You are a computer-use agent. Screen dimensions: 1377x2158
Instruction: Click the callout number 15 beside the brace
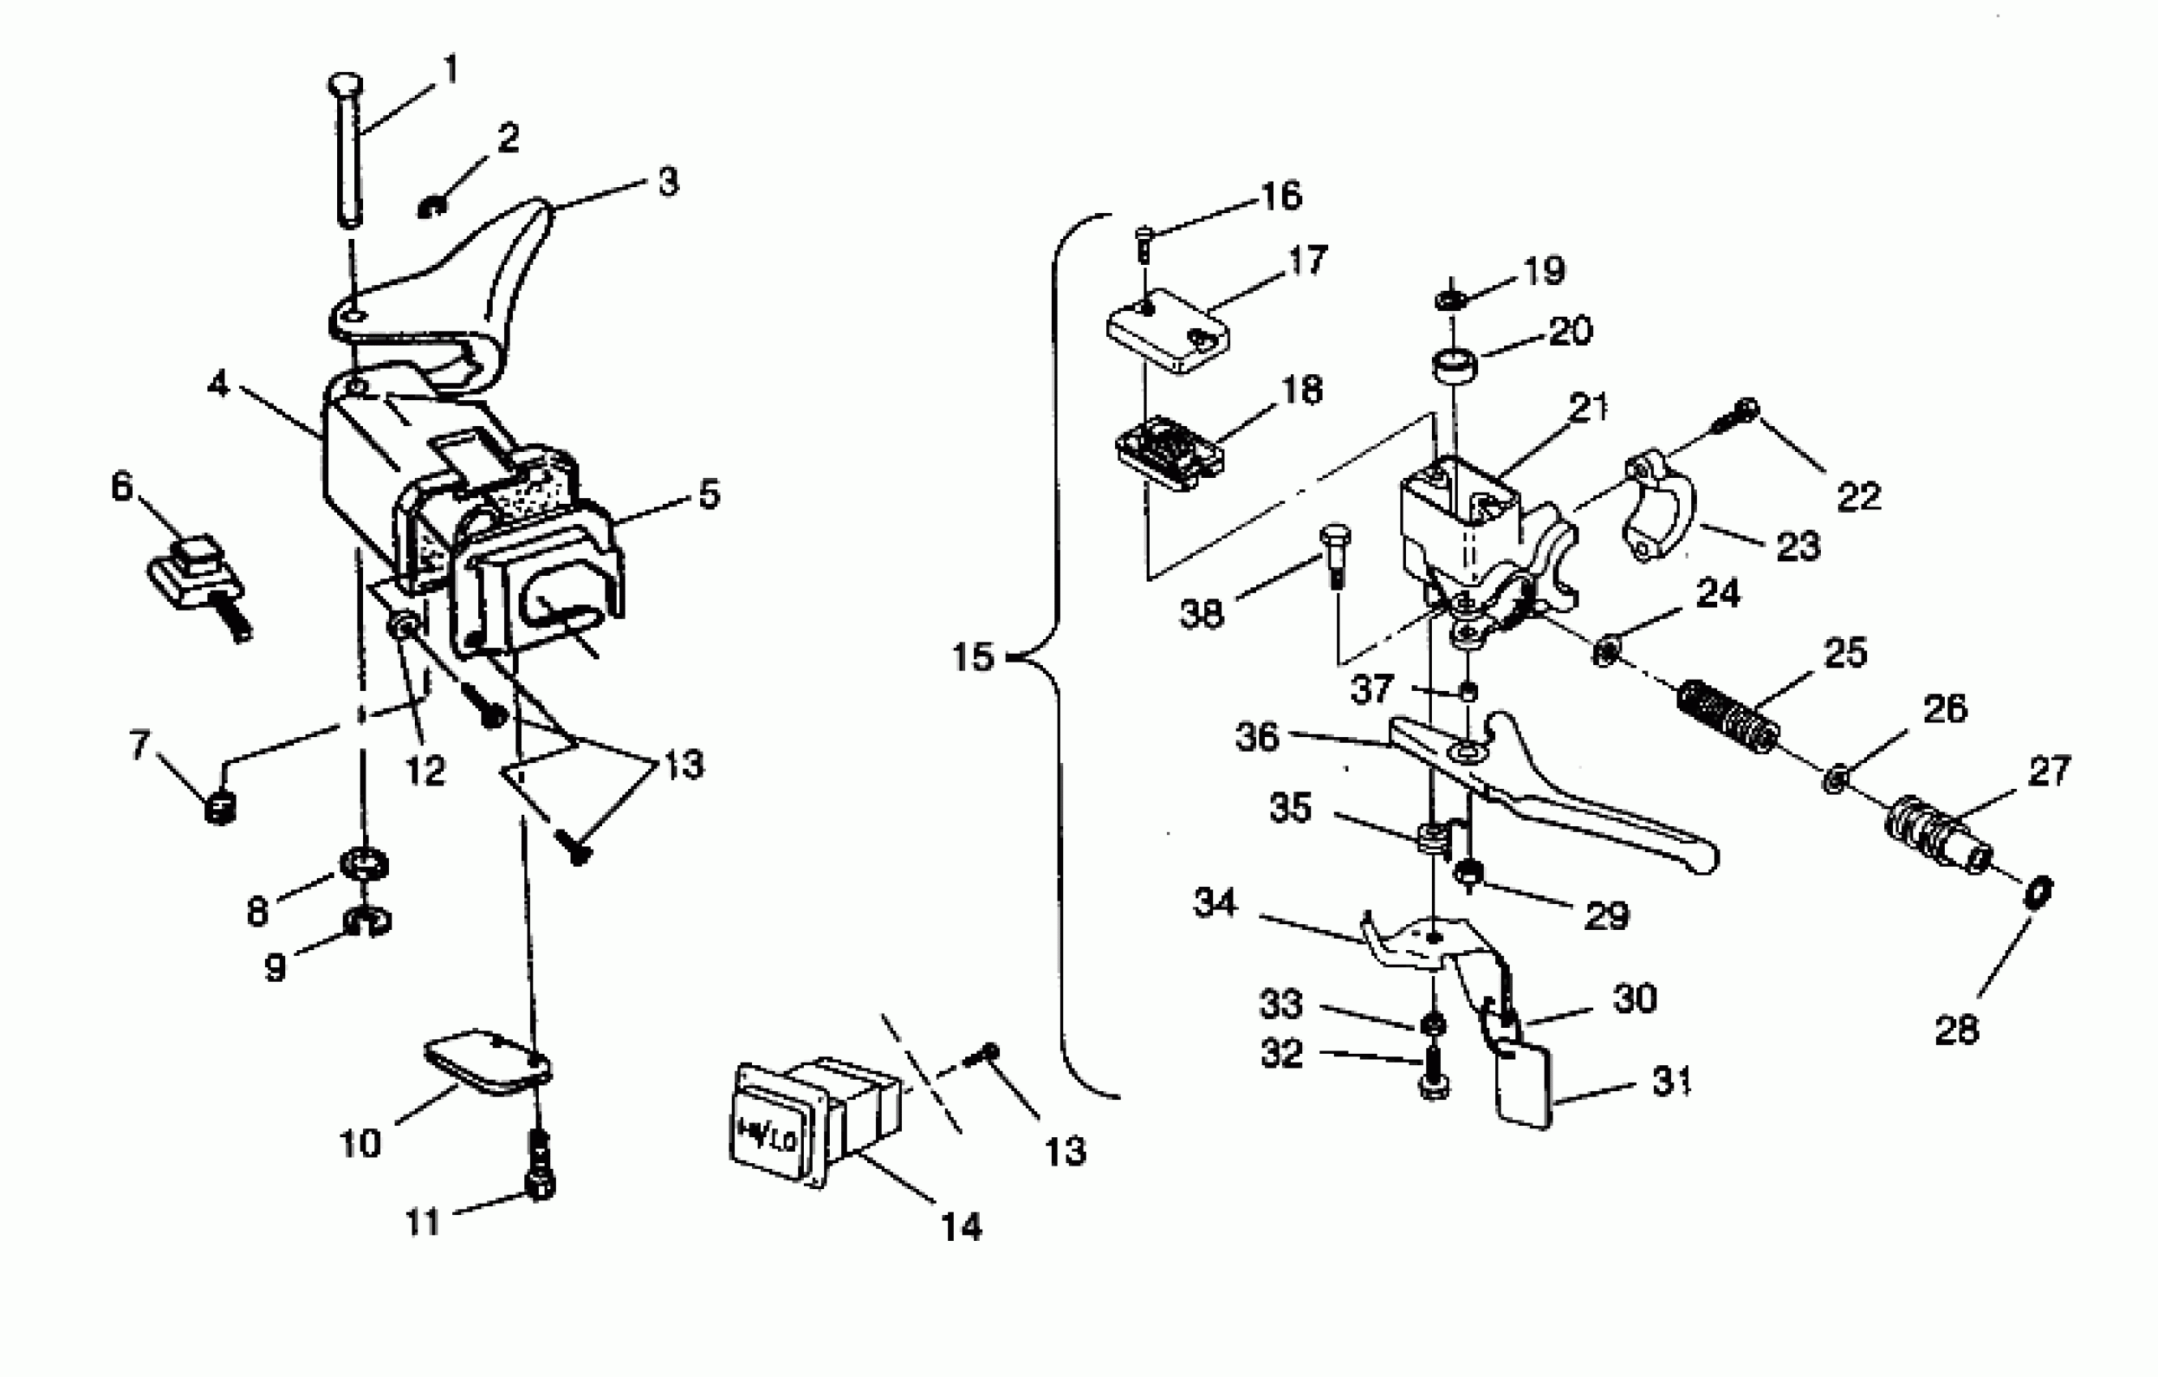pos(973,658)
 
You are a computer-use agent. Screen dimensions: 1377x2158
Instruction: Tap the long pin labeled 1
pos(348,152)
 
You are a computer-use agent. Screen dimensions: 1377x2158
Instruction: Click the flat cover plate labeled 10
pos(485,1063)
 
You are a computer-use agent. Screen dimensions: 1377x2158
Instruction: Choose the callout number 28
pos(1955,1030)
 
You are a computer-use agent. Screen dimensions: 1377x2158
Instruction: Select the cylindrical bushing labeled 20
pos(1453,367)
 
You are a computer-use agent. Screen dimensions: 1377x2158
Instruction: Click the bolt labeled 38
pos(1335,554)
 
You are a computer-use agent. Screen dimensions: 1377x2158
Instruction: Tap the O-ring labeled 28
pos(2038,892)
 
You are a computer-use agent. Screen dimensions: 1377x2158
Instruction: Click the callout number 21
pos(1589,408)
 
